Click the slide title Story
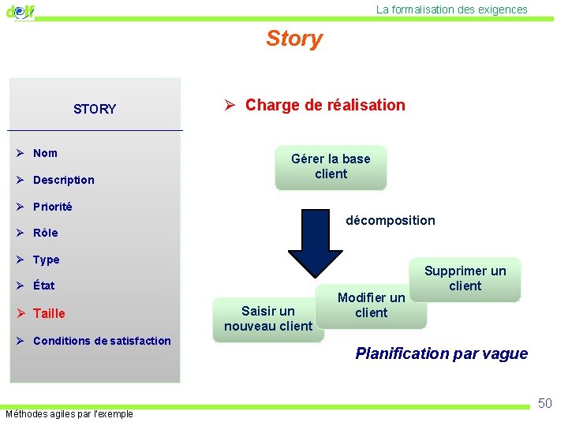tap(294, 39)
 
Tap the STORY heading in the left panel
tap(95, 109)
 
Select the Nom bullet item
tap(45, 153)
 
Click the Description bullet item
tap(63, 180)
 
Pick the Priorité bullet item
tap(52, 207)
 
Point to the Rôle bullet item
tap(45, 233)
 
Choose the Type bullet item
tap(46, 260)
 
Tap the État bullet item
tap(43, 286)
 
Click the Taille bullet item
tap(49, 313)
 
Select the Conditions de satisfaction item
tap(102, 341)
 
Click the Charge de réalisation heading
tap(325, 105)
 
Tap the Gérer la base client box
tap(331, 166)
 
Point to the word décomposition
tap(390, 220)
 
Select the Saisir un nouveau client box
tap(268, 319)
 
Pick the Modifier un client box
tap(371, 305)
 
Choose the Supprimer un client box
tap(465, 278)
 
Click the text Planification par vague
tap(441, 353)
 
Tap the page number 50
tap(544, 404)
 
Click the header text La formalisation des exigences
tap(452, 9)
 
